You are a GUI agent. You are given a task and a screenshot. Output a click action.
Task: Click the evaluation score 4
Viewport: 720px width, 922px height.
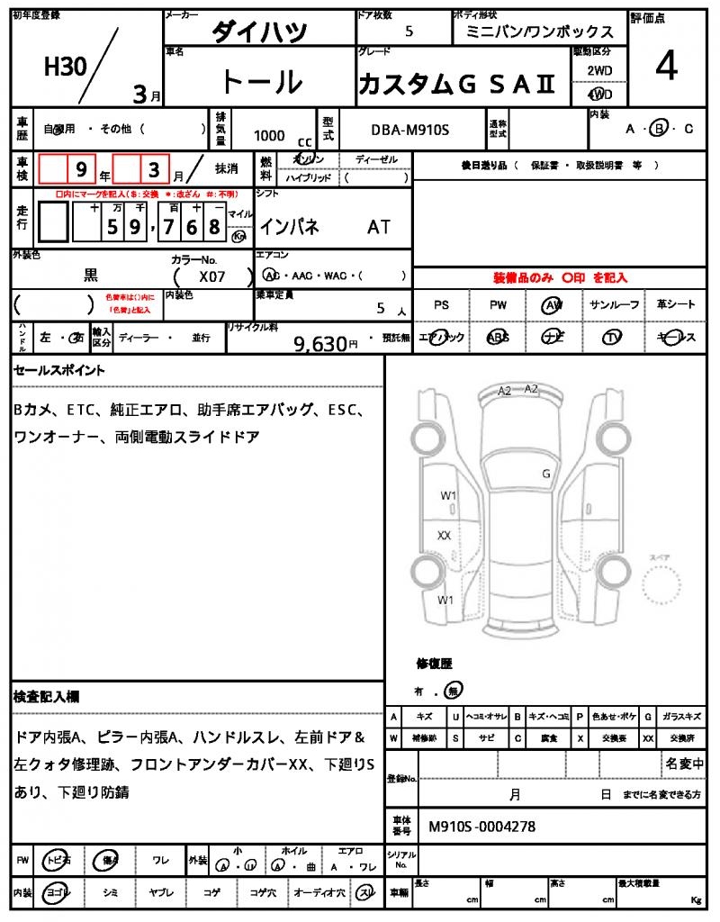667,68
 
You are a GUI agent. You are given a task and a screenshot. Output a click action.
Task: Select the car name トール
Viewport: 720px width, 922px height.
261,82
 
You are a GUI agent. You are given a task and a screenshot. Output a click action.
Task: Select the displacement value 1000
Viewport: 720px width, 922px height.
269,135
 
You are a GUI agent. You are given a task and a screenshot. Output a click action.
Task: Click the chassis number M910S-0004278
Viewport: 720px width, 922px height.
482,826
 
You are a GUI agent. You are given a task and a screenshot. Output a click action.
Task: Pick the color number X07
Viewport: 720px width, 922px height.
213,277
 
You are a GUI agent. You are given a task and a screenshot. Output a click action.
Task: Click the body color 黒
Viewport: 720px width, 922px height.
91,276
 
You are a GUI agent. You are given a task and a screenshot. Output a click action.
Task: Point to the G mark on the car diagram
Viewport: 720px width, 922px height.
545,474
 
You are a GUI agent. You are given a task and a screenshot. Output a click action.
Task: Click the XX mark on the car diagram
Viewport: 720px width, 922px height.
444,535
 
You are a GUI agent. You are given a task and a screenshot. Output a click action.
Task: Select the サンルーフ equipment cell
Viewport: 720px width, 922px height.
614,305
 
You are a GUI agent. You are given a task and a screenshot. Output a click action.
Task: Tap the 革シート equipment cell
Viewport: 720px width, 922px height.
674,305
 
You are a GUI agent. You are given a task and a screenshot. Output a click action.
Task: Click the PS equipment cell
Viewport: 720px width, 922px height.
441,305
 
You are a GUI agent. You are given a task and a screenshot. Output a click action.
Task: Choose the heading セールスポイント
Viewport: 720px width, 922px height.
58,370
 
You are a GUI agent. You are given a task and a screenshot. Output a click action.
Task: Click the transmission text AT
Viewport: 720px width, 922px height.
379,228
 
